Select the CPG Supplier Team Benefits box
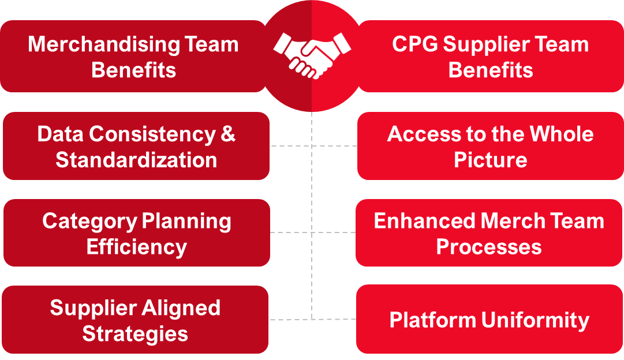pyautogui.click(x=491, y=57)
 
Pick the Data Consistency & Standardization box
pyautogui.click(x=136, y=146)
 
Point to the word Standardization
pyautogui.click(x=136, y=160)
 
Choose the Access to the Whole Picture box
pyautogui.click(x=491, y=146)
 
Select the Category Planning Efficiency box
pyautogui.click(x=136, y=233)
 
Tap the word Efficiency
pyautogui.click(x=136, y=247)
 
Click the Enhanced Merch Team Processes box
pyautogui.click(x=488, y=233)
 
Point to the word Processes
pyautogui.click(x=488, y=247)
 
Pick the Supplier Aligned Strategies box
pyautogui.click(x=135, y=320)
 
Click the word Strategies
pyautogui.click(x=135, y=333)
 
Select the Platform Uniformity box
pyautogui.click(x=489, y=320)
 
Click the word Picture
pyautogui.click(x=490, y=160)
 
